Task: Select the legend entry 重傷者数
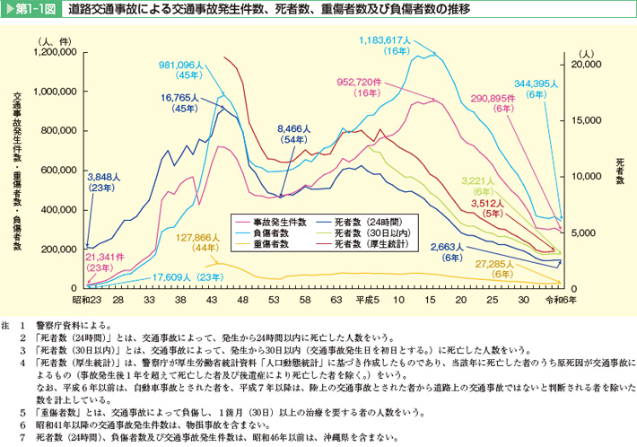(x=275, y=242)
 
